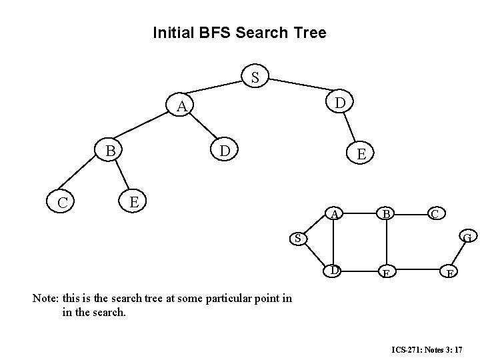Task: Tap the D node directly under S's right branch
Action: (x=340, y=103)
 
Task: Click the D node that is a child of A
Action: (x=225, y=151)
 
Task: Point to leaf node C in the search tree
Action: (x=61, y=200)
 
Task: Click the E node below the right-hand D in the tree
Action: (x=361, y=154)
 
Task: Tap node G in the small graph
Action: (x=468, y=237)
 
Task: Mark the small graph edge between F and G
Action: (x=459, y=255)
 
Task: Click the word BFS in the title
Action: (x=217, y=32)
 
